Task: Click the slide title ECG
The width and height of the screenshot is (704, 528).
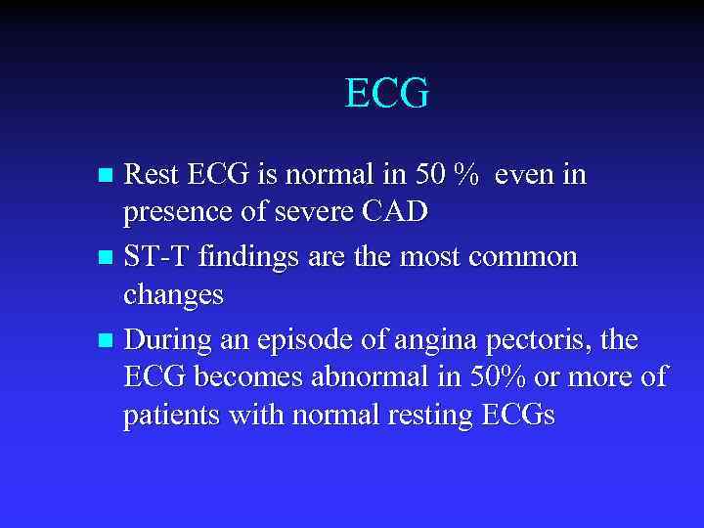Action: (387, 94)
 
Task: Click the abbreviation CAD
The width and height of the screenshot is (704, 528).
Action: (395, 212)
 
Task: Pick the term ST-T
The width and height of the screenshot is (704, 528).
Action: (157, 257)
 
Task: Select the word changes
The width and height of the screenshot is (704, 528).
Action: (173, 294)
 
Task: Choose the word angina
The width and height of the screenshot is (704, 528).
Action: (455, 340)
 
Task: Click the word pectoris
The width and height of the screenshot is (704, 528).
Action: (550, 340)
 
